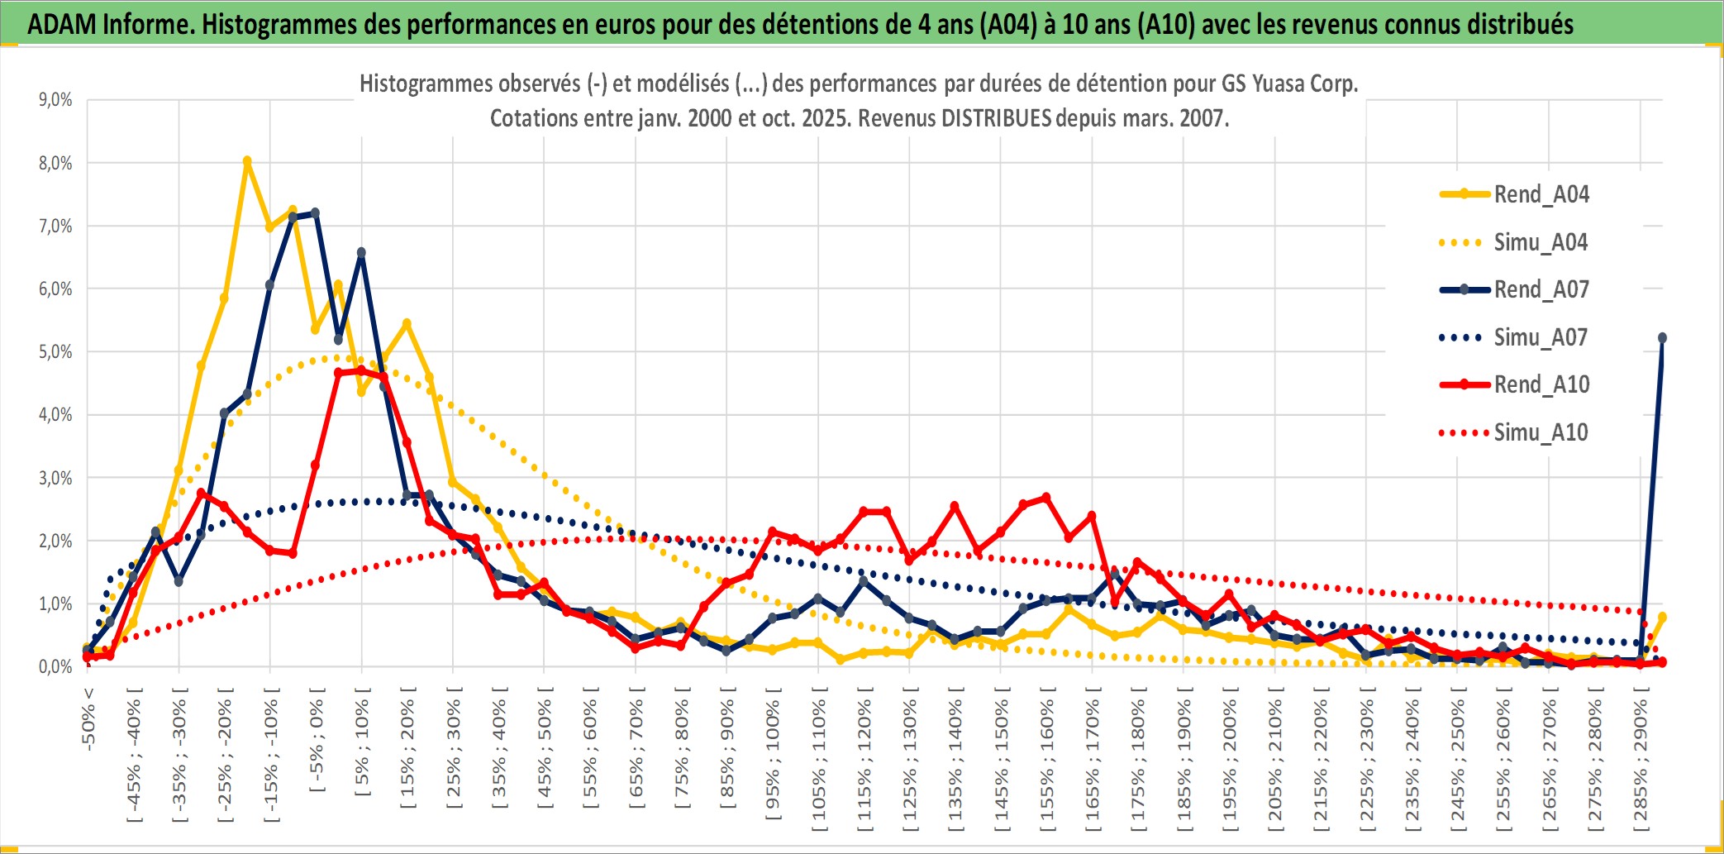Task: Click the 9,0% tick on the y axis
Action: click(x=55, y=100)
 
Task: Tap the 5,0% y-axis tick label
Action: click(x=55, y=352)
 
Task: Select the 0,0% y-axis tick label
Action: click(x=55, y=666)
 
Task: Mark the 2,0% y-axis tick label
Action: click(x=55, y=541)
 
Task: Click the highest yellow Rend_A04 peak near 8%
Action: click(x=247, y=161)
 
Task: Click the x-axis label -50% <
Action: click(x=88, y=719)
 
